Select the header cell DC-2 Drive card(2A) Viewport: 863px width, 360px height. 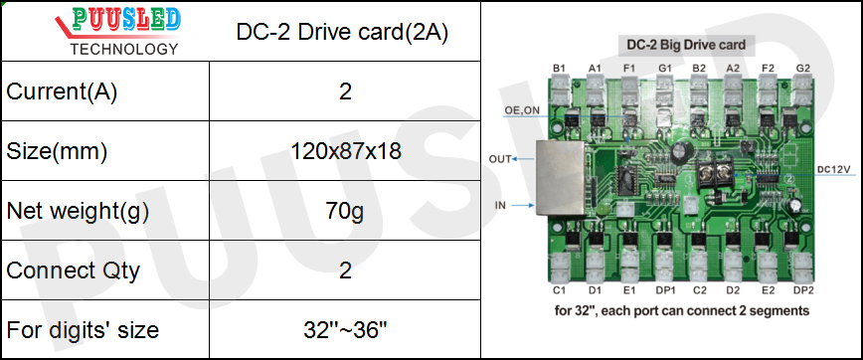[343, 32]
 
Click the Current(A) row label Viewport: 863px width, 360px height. [62, 92]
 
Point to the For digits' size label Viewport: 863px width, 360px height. [83, 329]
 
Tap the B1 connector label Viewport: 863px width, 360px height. [559, 68]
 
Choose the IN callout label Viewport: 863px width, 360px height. [501, 205]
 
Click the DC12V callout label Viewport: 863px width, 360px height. [833, 169]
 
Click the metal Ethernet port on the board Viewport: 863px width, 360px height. [559, 179]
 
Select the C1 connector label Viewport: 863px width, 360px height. [559, 290]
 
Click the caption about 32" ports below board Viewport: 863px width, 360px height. [681, 310]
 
